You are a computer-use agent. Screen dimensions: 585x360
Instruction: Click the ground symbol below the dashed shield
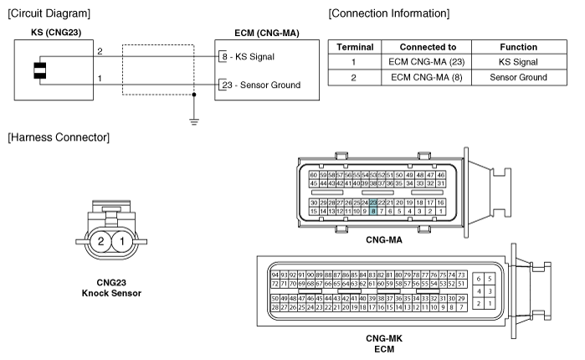pos(194,121)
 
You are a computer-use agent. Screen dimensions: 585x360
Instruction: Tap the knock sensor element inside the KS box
pos(40,70)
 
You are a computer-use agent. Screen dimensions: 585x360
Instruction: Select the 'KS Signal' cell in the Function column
pos(518,62)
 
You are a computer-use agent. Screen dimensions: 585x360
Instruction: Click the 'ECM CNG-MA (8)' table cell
pos(427,78)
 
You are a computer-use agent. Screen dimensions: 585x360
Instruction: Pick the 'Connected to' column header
pos(428,47)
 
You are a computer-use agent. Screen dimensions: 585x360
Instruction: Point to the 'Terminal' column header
pos(355,47)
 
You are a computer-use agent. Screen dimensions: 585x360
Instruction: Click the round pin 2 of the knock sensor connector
pos(100,241)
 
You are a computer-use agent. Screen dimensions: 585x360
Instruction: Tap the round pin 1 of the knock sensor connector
pos(122,241)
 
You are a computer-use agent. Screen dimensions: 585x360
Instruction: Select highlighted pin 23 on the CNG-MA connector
pos(373,203)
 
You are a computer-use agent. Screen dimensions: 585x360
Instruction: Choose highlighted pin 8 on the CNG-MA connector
pos(373,211)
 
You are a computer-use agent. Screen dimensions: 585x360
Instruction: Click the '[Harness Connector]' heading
pos(59,137)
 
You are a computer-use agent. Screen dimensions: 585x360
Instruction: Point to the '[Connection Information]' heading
pos(389,13)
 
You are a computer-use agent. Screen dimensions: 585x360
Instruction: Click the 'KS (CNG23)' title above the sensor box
pos(56,33)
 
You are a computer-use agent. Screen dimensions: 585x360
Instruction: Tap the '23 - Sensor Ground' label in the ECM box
pos(261,85)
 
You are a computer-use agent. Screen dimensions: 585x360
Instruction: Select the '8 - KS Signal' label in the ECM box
pos(248,57)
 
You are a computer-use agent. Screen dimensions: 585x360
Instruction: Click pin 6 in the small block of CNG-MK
pos(479,279)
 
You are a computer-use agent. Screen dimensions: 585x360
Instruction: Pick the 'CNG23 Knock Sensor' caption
pos(111,288)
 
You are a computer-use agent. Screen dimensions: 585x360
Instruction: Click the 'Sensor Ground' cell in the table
pos(518,78)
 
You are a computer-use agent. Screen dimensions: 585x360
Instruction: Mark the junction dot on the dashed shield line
pos(194,95)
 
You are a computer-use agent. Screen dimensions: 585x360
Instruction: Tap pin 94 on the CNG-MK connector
pos(275,275)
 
